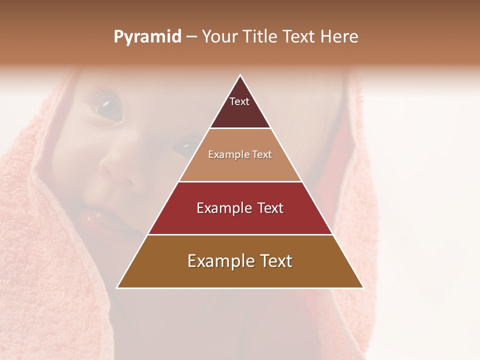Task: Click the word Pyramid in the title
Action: (x=147, y=37)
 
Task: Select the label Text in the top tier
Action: (x=239, y=101)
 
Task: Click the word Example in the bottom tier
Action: (x=219, y=261)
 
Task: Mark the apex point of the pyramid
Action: (x=240, y=75)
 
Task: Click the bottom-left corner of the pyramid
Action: (x=117, y=287)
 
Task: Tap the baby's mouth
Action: (x=95, y=215)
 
